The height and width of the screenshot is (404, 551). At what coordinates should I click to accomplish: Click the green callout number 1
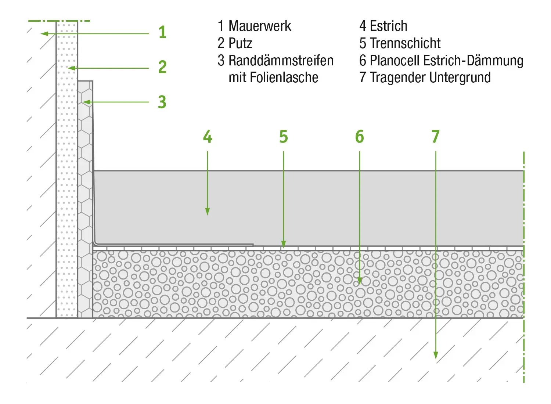162,32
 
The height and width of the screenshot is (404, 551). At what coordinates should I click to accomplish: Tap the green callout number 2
162,67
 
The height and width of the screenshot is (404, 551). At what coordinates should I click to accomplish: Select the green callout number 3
162,102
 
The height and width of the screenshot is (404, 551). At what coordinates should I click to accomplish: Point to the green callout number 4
208,137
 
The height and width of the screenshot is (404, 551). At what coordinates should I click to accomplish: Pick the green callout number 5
283,137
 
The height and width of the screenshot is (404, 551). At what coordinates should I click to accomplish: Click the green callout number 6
359,137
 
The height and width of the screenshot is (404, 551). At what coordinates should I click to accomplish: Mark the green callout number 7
435,137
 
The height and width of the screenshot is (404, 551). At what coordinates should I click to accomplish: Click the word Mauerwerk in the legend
260,26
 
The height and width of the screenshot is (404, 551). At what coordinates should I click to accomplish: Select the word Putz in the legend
240,43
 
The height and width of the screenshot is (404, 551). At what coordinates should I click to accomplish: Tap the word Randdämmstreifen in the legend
281,61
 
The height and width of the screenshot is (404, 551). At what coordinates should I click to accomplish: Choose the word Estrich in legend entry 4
389,26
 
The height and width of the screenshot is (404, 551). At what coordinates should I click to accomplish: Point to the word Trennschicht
405,43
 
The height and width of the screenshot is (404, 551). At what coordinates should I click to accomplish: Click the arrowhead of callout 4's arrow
208,212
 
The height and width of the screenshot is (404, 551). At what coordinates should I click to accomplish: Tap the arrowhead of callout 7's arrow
436,356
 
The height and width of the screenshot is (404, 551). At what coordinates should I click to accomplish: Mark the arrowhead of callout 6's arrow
360,281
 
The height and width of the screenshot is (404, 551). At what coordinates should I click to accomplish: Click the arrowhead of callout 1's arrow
44,34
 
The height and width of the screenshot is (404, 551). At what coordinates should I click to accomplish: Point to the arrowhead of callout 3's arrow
86,102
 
